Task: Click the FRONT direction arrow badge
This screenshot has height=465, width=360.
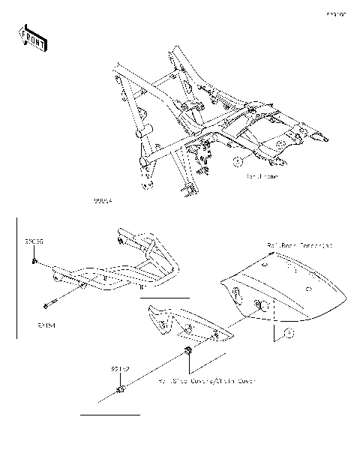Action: (x=31, y=37)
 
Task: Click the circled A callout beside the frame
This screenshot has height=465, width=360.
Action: (x=236, y=161)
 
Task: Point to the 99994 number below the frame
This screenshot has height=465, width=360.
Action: (x=103, y=201)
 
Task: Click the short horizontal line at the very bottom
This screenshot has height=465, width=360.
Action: (x=110, y=414)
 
